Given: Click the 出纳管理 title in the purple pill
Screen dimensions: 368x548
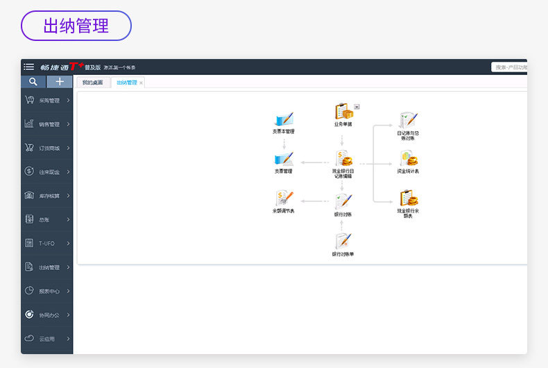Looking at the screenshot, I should click(76, 26).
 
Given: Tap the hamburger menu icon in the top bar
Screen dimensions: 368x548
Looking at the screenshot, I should click(28, 67).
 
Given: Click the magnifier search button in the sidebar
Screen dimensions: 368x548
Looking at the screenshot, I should click(33, 82).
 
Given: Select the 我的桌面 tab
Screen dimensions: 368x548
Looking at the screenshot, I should click(92, 83).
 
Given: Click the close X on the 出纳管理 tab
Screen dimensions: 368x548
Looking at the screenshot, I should click(142, 83).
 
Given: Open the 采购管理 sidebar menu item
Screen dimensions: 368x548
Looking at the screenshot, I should click(48, 100).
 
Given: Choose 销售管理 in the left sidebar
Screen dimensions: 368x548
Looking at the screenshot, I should click(48, 124).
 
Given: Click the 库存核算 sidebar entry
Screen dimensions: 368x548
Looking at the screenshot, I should click(48, 196).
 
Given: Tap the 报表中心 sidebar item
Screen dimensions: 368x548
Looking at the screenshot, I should click(48, 291).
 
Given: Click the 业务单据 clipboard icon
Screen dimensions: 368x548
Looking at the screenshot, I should click(343, 112).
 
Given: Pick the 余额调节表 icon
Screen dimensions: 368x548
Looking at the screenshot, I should click(284, 199).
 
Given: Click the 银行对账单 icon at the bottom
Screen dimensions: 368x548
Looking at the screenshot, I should click(343, 241).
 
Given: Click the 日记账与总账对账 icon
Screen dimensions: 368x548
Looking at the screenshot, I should click(408, 120).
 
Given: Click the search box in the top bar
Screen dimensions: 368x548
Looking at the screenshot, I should click(510, 67).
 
